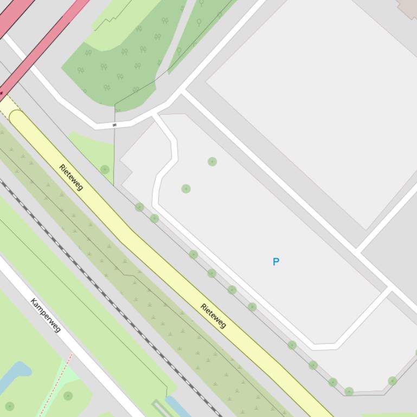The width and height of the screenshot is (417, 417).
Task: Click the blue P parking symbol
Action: (275, 262)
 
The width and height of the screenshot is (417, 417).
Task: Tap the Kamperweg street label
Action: (46, 315)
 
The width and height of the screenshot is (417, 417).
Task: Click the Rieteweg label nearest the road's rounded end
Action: (72, 177)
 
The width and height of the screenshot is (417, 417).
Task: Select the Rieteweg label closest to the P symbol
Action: (213, 316)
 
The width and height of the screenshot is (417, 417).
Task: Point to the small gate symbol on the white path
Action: (114, 125)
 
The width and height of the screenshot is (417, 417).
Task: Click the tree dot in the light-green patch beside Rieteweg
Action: (105, 170)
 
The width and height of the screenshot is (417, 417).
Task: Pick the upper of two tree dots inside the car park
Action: (212, 161)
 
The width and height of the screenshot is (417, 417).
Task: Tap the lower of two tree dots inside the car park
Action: (186, 188)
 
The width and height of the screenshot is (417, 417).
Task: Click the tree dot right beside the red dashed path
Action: (68, 396)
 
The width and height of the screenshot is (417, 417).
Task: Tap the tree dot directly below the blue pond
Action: (9, 406)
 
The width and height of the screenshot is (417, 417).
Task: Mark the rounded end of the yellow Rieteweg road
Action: (16, 116)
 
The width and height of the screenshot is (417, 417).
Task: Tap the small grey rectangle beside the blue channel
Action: (160, 407)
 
